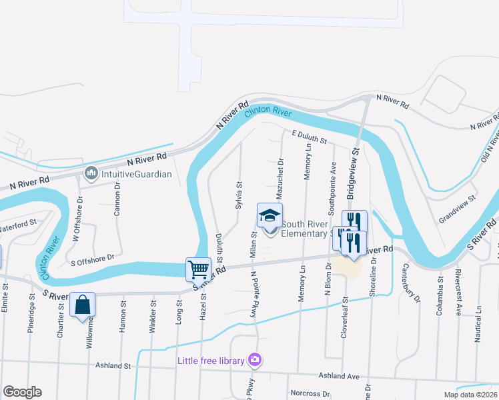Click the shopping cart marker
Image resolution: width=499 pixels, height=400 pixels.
point(199,269)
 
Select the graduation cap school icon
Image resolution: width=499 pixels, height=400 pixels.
point(270,215)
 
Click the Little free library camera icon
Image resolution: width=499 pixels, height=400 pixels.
point(254,361)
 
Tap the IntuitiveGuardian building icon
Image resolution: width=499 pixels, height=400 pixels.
point(91,175)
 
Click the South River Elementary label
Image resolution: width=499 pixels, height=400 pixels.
point(308,229)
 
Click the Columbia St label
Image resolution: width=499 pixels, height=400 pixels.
point(440,285)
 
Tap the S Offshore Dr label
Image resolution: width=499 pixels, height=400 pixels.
point(93,256)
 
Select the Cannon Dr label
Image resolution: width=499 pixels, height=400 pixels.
point(117,195)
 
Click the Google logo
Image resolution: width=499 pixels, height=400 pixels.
point(22,392)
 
